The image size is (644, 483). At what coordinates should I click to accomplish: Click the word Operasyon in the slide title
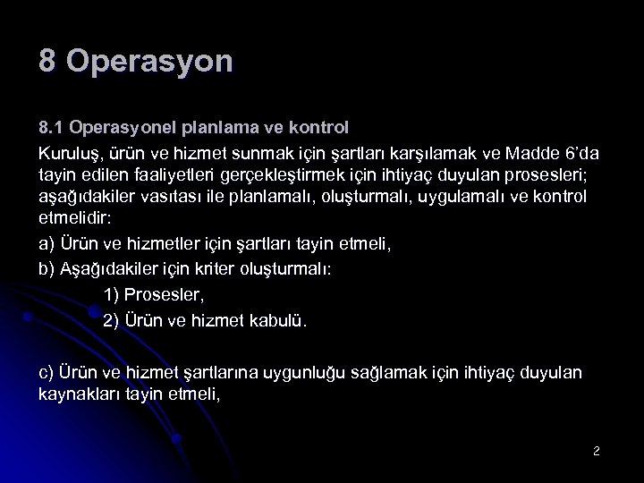point(149,62)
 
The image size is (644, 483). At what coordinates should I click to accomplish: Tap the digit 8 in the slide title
point(47,62)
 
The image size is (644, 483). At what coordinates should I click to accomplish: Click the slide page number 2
point(596,452)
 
